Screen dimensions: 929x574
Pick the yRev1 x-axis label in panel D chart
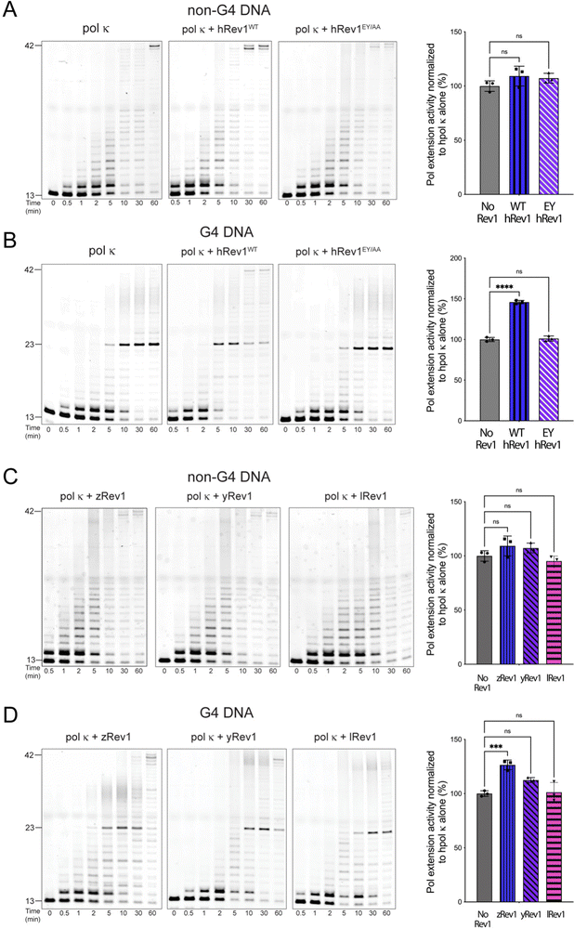(531, 915)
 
